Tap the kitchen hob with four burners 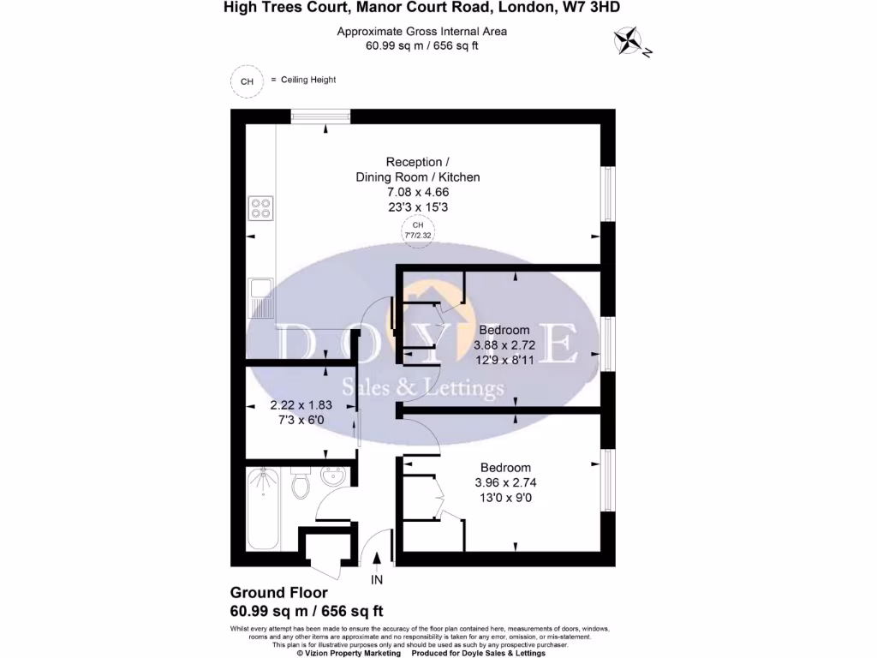pyautogui.click(x=260, y=208)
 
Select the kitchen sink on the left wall pyautogui.click(x=260, y=297)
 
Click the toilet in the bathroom pyautogui.click(x=301, y=482)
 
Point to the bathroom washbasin pyautogui.click(x=334, y=476)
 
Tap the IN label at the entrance pyautogui.click(x=377, y=580)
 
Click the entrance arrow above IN pyautogui.click(x=377, y=559)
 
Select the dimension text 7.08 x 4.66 pyautogui.click(x=418, y=192)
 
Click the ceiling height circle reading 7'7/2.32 pyautogui.click(x=418, y=230)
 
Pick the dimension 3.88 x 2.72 pyautogui.click(x=504, y=345)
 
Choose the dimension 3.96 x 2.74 pyautogui.click(x=505, y=482)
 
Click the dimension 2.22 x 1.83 pyautogui.click(x=301, y=405)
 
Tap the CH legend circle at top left pyautogui.click(x=247, y=81)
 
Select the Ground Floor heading pyautogui.click(x=279, y=593)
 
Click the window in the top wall pyautogui.click(x=320, y=117)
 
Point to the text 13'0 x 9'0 pyautogui.click(x=505, y=498)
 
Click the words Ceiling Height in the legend pyautogui.click(x=308, y=80)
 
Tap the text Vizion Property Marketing pyautogui.click(x=353, y=653)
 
